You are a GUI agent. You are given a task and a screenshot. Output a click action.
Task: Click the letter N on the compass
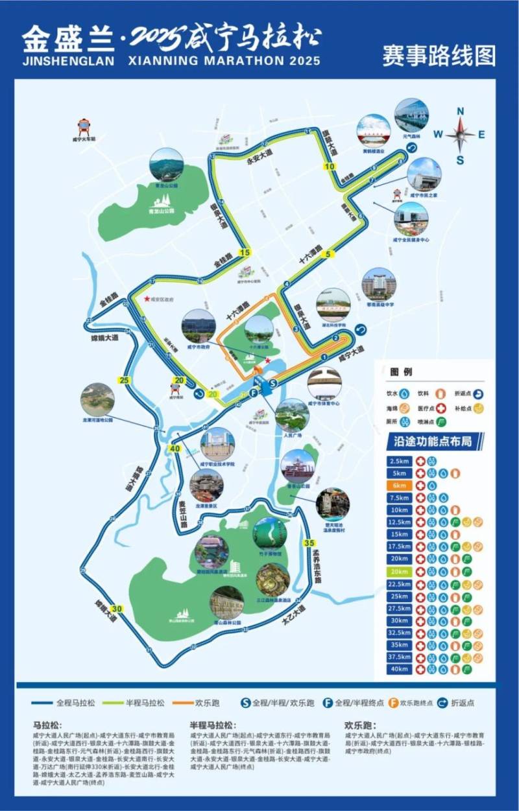click(461, 111)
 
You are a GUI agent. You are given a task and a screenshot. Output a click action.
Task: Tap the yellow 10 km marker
click(330, 167)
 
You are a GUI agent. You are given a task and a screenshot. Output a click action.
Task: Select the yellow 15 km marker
click(244, 253)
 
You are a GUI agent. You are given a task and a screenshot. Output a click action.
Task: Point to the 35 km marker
click(309, 543)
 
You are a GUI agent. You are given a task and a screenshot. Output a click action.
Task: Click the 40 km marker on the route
click(175, 449)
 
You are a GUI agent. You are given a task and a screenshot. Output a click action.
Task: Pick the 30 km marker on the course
click(117, 609)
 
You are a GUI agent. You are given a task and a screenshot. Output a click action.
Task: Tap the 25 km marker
click(125, 380)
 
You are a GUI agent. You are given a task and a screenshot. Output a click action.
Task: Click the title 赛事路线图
click(439, 55)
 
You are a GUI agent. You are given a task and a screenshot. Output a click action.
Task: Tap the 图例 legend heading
click(401, 372)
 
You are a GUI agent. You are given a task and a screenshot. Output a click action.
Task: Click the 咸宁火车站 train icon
click(84, 125)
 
